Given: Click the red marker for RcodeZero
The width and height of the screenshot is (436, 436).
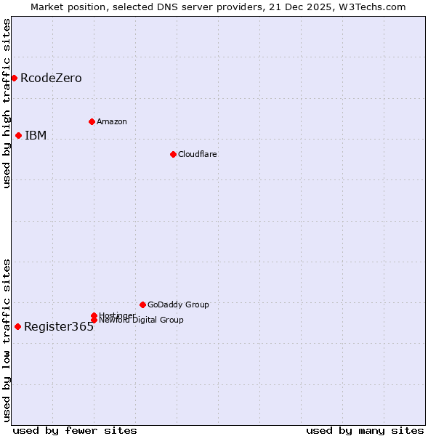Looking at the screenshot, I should (14, 78).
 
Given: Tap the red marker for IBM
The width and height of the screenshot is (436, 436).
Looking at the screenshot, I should (18, 135).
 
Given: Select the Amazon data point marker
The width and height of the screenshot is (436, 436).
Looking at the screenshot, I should (92, 121).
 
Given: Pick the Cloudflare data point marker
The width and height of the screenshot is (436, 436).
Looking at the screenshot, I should (173, 154).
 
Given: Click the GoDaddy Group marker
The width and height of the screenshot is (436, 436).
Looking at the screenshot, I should (142, 304).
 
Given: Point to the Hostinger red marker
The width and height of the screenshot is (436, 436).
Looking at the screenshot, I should (94, 315).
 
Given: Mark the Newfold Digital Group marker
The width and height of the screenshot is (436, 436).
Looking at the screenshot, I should (94, 320).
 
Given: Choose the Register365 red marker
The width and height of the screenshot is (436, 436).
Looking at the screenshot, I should (17, 326).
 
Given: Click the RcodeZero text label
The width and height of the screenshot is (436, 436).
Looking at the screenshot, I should (51, 78).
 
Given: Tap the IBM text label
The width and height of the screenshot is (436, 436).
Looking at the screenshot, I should (36, 135).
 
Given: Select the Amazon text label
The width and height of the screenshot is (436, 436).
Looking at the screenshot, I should (112, 121).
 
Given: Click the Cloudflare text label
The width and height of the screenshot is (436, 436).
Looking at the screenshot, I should (198, 154).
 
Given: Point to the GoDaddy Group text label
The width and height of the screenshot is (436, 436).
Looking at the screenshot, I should (178, 304).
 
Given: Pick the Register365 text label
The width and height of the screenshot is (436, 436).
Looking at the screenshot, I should (59, 326).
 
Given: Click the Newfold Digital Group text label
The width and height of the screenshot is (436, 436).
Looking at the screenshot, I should (141, 320).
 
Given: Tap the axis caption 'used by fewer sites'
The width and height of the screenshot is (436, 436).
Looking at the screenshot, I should (75, 430).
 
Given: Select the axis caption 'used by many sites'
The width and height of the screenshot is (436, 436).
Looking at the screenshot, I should (365, 430).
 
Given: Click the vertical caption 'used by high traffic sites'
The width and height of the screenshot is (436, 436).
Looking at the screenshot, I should (7, 103).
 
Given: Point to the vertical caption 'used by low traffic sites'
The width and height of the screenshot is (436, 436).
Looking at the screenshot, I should (7, 340).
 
